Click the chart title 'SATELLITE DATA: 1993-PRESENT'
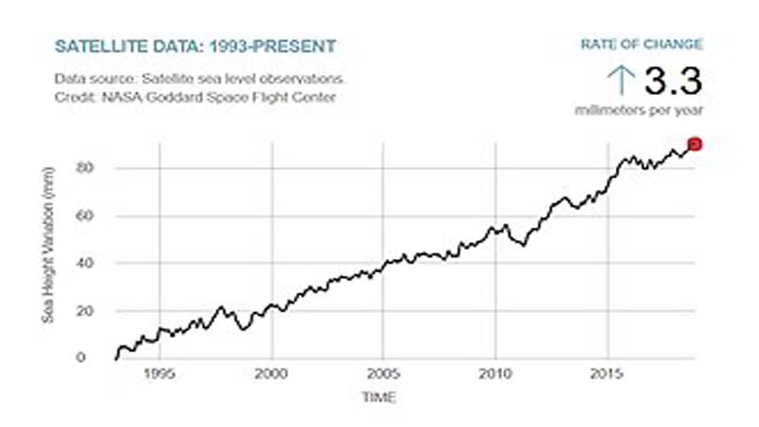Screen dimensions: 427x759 coord(194,46)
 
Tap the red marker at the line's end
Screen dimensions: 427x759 coord(694,143)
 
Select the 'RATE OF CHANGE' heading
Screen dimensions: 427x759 coord(641,44)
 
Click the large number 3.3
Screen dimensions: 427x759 coord(674,81)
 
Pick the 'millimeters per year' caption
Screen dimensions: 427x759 coord(639,111)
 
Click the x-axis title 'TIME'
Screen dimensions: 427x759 coord(379,397)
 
